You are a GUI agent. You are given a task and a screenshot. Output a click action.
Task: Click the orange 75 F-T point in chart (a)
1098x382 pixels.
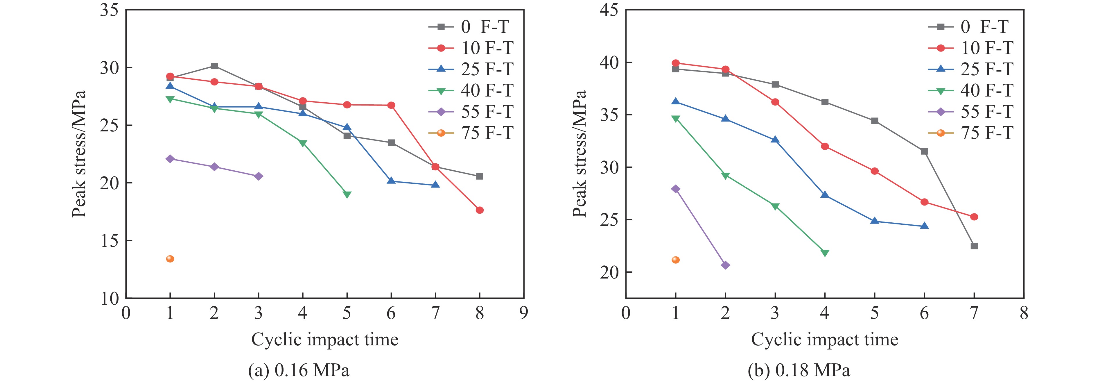point(170,259)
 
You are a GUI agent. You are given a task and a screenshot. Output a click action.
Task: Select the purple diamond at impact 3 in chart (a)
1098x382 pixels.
point(258,176)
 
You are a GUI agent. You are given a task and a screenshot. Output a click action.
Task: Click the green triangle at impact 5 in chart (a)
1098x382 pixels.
point(347,194)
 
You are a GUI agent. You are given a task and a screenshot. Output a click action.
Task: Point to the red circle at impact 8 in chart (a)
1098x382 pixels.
point(480,210)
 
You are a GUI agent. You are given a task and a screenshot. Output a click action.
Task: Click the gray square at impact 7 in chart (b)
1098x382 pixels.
point(974,246)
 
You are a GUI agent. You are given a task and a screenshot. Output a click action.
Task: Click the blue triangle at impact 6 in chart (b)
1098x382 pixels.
point(924,226)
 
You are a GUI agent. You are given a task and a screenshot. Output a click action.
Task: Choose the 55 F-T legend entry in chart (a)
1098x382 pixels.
point(471,112)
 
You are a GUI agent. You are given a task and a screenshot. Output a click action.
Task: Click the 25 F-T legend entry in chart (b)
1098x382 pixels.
point(970,69)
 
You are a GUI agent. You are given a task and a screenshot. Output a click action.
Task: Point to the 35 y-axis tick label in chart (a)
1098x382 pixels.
point(109,10)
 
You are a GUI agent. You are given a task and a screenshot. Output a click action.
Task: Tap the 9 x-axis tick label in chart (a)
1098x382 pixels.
point(523,313)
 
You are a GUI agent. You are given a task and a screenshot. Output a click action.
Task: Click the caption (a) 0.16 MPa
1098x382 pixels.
point(299,370)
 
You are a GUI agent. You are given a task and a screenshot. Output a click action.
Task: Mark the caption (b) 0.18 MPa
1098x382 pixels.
point(799,370)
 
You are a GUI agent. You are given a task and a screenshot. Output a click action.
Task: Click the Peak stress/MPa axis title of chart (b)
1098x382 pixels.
point(579,154)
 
